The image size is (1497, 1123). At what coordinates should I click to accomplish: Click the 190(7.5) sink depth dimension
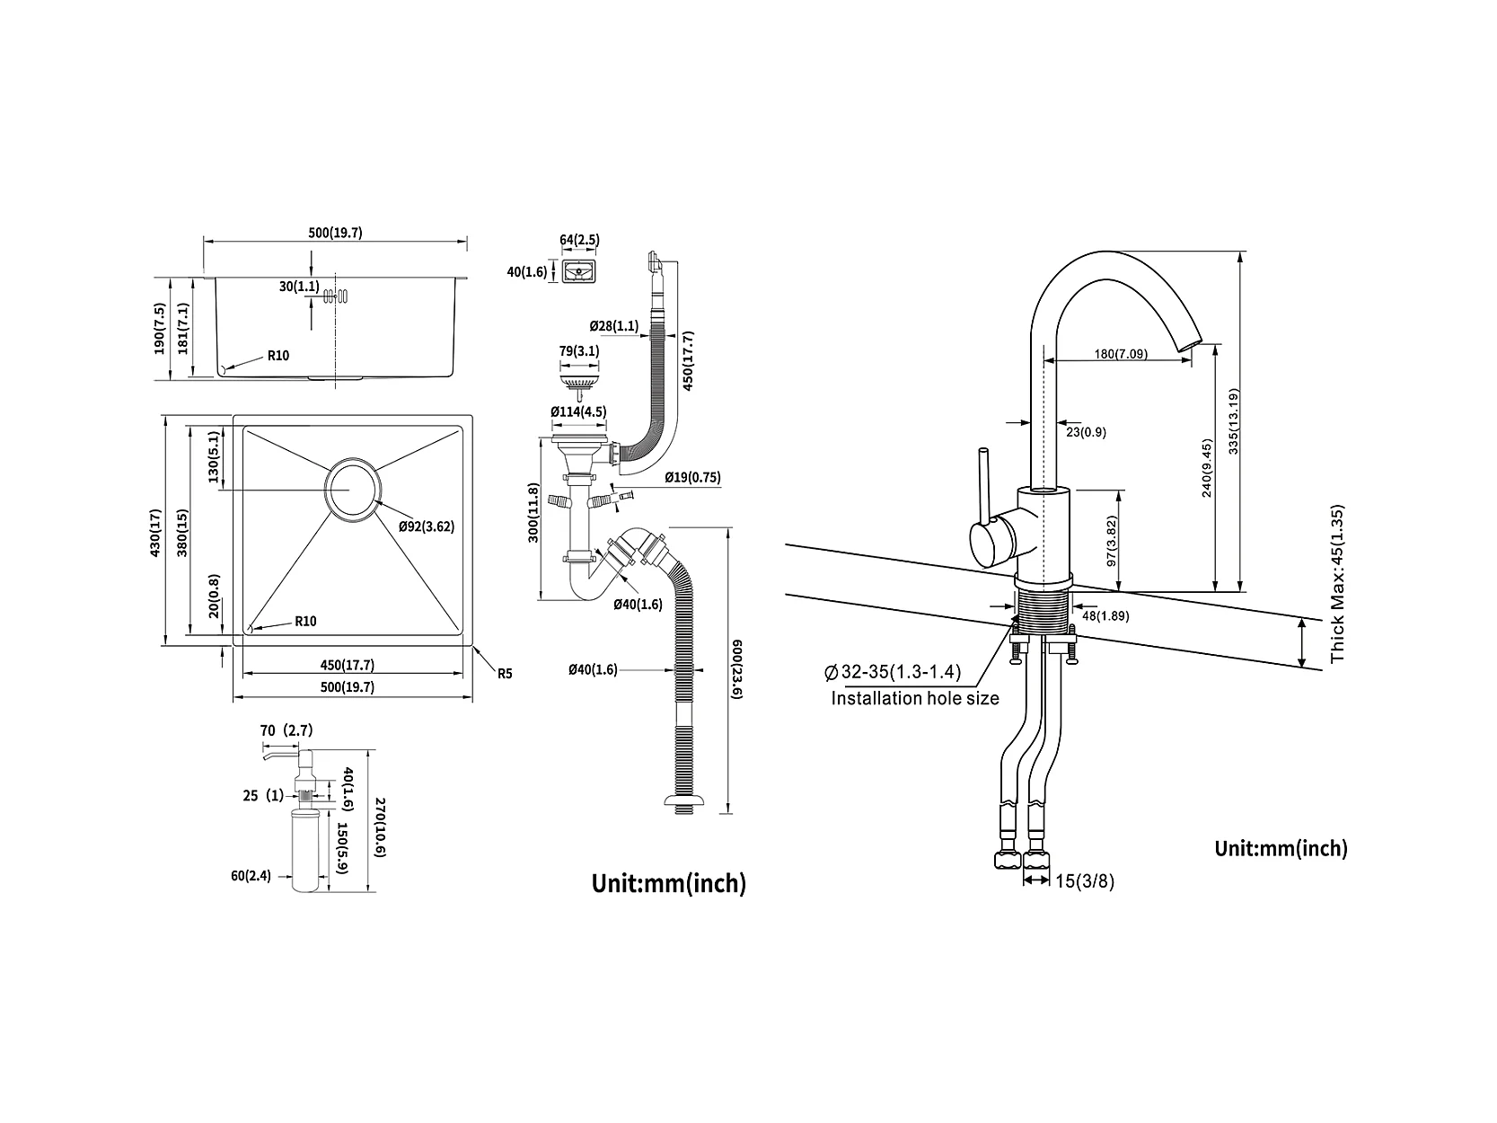160,328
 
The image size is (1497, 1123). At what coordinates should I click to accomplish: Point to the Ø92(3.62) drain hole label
427,526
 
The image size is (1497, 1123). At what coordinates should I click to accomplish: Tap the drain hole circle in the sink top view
353,490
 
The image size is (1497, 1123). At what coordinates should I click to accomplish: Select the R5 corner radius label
505,674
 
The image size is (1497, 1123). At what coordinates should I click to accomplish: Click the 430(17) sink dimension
156,533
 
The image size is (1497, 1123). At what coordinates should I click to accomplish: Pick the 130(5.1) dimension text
214,456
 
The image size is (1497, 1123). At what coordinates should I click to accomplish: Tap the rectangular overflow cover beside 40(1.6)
579,271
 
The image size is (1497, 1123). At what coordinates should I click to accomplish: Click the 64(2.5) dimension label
580,240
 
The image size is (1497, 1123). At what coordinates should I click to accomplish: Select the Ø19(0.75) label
693,478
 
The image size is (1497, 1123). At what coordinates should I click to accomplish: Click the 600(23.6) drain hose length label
736,669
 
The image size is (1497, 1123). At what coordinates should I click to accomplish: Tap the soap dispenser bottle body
305,850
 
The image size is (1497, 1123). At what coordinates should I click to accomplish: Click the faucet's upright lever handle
983,490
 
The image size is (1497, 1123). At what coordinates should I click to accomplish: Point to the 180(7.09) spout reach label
1121,354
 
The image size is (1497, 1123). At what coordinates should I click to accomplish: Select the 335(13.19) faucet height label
1232,421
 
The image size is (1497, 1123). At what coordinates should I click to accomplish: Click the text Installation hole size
914,698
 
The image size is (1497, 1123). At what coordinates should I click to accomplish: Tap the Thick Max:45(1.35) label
1337,583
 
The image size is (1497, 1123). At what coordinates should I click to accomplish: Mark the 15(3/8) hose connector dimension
1085,881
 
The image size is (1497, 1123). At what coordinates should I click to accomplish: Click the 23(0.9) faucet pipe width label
1087,432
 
